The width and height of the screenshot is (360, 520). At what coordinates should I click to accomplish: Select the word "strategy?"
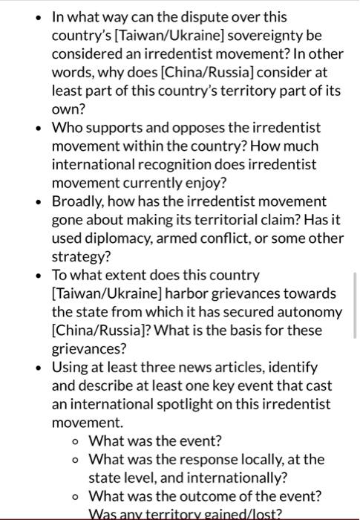click(x=80, y=257)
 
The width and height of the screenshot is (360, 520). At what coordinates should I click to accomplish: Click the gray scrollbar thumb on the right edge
click(x=356, y=305)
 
